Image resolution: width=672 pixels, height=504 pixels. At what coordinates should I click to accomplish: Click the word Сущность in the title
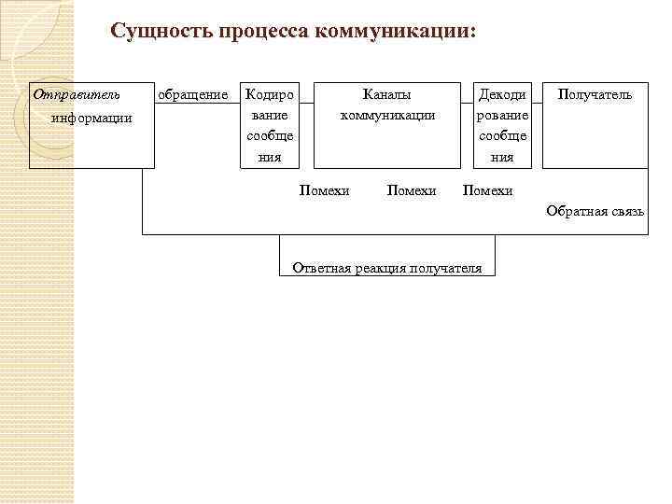click(161, 31)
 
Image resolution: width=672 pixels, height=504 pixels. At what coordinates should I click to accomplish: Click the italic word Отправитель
click(77, 94)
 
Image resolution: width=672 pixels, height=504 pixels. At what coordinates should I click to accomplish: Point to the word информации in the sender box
click(91, 118)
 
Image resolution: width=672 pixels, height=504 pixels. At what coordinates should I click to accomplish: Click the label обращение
click(193, 94)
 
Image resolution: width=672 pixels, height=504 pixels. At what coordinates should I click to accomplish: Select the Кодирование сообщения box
click(270, 126)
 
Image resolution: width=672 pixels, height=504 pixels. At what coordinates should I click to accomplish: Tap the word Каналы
click(387, 94)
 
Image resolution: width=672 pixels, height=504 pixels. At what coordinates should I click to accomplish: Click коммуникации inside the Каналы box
click(387, 116)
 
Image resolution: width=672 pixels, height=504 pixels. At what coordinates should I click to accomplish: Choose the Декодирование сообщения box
click(502, 126)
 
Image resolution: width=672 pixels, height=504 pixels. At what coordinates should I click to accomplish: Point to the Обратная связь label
click(595, 212)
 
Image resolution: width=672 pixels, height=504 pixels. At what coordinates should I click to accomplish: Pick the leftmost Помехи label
click(324, 190)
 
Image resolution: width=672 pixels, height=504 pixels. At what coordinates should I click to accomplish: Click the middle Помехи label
click(412, 190)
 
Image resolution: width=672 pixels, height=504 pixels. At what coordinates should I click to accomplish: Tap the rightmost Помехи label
click(488, 190)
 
